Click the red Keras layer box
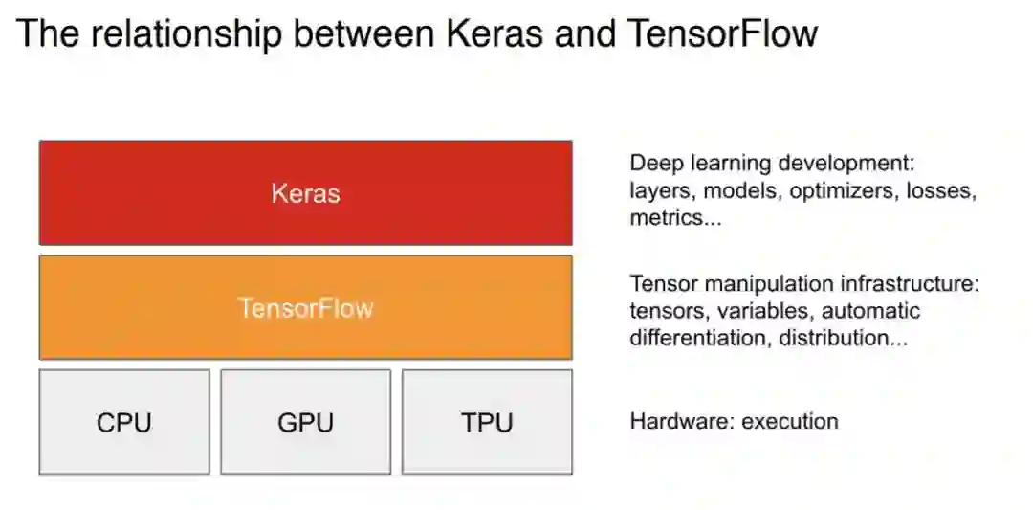[305, 193]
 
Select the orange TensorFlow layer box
[305, 307]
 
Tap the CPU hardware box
[124, 422]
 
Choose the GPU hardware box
[305, 422]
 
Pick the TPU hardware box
[487, 422]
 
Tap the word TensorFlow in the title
[723, 33]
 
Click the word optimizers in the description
[838, 190]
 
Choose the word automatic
[871, 311]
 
